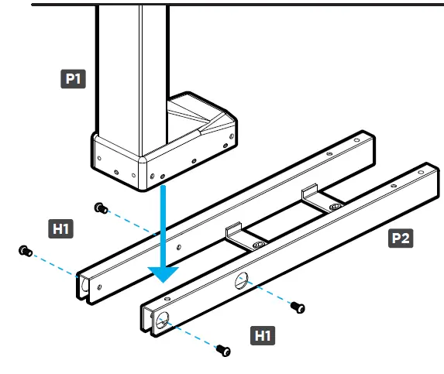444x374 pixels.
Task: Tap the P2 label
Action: pos(400,238)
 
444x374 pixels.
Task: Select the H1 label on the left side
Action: pos(61,228)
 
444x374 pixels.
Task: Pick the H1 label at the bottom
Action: pos(264,335)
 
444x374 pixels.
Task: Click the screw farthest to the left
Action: pos(24,251)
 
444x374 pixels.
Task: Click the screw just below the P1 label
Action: pos(99,207)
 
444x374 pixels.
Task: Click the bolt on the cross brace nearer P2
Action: pos(334,208)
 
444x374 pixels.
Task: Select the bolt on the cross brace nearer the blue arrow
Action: pos(258,245)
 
